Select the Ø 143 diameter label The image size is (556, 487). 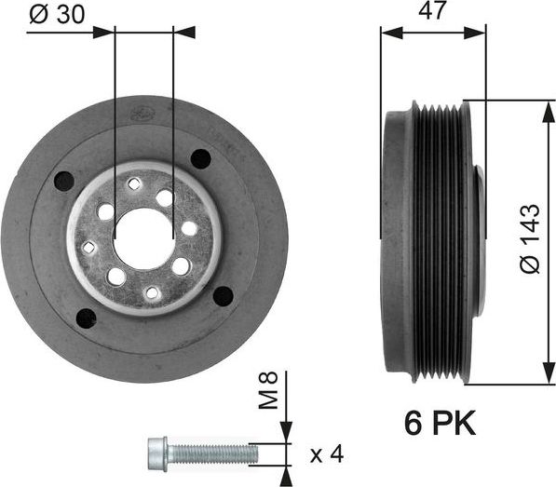point(528,239)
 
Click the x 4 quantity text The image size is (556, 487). point(326,454)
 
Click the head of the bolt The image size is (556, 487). point(158,454)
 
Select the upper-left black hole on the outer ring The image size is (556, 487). point(64,181)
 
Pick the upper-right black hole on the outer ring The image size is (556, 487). point(201,158)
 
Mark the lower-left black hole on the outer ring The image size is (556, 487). point(86,318)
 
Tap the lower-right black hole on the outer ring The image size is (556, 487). point(224,296)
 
